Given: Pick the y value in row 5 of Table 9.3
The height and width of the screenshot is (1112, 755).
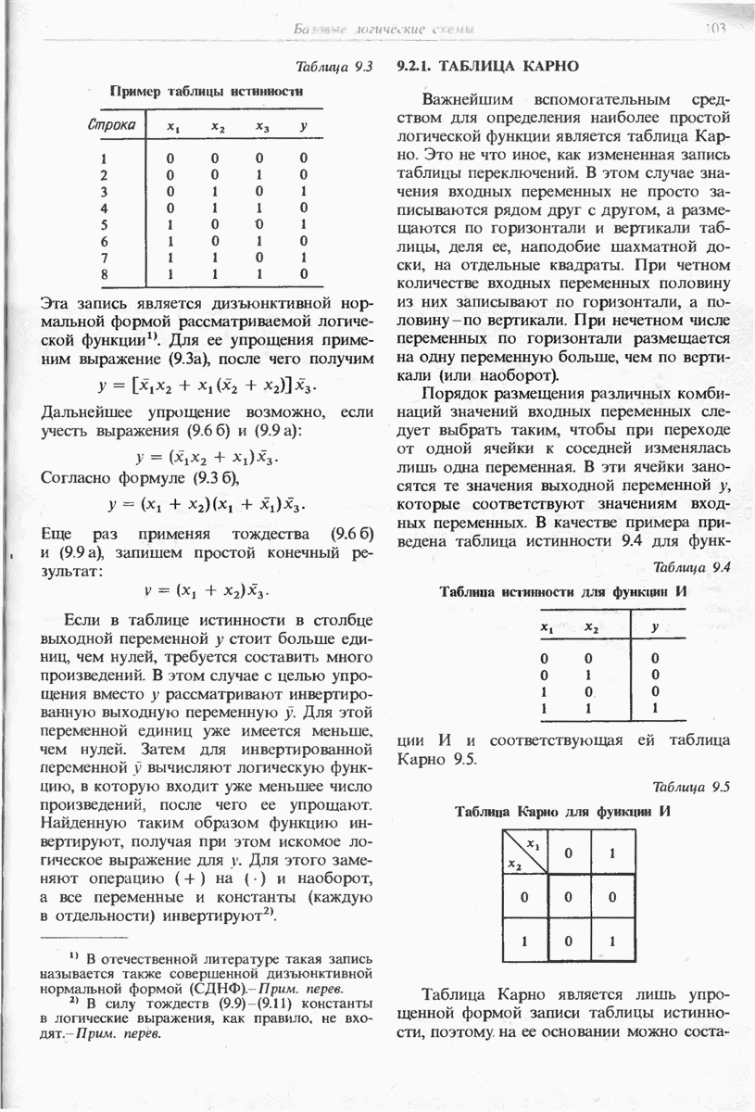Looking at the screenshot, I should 303,223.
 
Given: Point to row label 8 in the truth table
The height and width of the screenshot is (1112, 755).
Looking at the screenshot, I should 106,274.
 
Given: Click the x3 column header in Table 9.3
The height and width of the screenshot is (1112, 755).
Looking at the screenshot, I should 262,126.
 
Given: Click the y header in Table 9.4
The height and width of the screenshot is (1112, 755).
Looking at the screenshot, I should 655,627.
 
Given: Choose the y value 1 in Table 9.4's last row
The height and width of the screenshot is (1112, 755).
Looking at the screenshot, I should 655,707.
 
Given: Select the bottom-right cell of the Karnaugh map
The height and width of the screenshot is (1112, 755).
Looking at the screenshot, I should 612,941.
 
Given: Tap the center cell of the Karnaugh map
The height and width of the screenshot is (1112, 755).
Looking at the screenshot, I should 569,896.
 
